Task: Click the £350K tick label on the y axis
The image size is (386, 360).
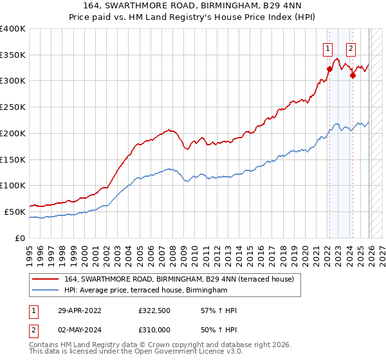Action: point(13,55)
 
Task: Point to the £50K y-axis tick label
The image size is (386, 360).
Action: point(15,212)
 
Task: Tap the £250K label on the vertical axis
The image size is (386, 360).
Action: point(13,107)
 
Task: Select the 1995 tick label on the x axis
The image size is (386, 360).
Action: point(30,251)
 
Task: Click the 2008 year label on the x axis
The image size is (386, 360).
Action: point(172,251)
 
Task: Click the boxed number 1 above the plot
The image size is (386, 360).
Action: point(328,48)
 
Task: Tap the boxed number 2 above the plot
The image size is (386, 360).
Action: point(351,48)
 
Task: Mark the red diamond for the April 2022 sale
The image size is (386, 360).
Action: point(329,69)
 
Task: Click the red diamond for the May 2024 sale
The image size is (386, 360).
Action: point(353,76)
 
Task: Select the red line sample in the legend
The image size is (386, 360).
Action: point(46,279)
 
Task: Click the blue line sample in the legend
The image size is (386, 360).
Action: point(46,291)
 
